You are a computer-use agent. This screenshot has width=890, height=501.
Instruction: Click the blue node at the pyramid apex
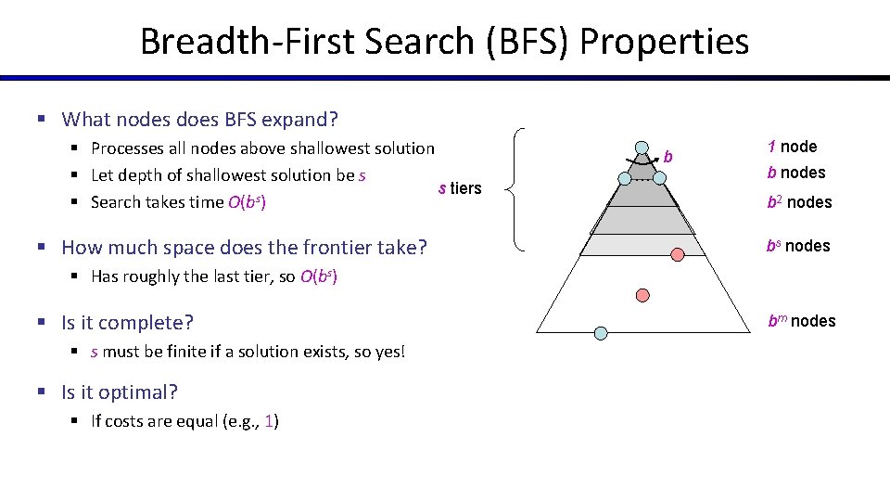[642, 147]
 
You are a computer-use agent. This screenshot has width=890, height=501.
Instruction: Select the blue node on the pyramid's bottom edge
[601, 332]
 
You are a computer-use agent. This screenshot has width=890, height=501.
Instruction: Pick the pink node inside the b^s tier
[678, 253]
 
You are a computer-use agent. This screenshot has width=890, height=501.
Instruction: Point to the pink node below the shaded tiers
[642, 294]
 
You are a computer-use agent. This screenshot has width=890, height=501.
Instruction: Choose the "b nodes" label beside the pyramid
[795, 173]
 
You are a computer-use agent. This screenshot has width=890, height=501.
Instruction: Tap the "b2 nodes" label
[798, 202]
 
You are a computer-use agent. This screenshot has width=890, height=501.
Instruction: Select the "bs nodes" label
[797, 246]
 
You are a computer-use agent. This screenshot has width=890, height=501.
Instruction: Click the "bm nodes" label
[801, 321]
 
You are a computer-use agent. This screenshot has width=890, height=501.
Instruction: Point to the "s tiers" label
[460, 188]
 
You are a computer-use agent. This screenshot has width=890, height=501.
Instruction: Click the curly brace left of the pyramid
[516, 189]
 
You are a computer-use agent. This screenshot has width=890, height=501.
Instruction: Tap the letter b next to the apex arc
[668, 156]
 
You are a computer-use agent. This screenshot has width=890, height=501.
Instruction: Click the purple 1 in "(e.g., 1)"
[269, 421]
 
